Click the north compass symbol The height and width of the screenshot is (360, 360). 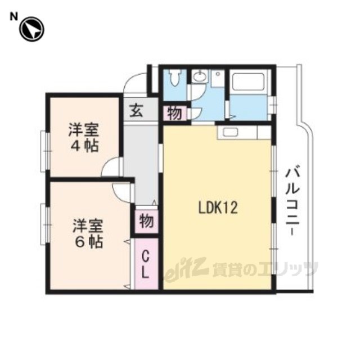point(31,29)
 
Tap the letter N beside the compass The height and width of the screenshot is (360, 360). point(13,17)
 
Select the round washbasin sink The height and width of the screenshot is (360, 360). point(199,76)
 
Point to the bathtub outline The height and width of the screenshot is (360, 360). point(249,82)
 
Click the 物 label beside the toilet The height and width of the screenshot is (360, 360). point(174,114)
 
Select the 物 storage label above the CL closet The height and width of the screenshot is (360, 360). point(146,221)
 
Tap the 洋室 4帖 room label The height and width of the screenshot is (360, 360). point(84,137)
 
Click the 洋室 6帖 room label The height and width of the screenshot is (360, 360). point(88,233)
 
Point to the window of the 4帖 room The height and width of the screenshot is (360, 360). point(45,151)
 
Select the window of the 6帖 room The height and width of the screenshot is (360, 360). point(45,224)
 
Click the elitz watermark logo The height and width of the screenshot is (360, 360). point(186,268)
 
